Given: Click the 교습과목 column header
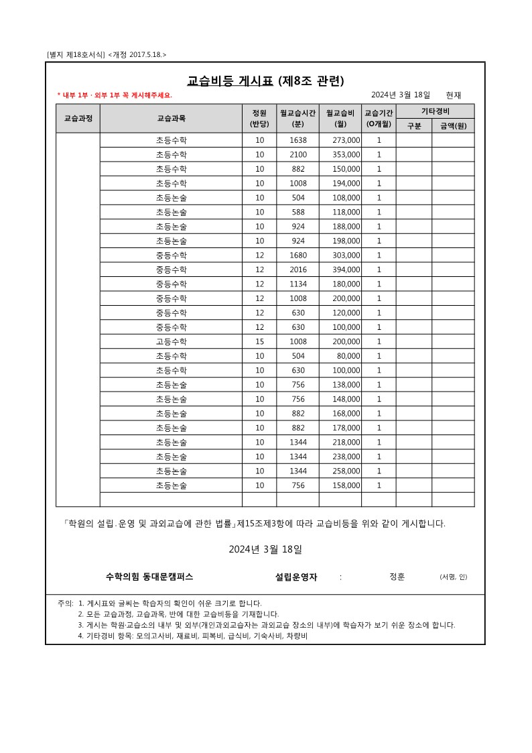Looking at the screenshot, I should [x=171, y=118].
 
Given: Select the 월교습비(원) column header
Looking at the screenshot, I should [x=340, y=118].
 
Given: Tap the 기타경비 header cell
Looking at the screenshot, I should [x=435, y=111].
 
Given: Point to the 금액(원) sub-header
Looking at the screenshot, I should [x=453, y=125].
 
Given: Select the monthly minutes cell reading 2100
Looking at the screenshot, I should [x=298, y=155].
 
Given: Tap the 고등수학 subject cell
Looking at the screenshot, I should [x=171, y=341].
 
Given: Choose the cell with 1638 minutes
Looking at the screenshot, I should [x=298, y=140].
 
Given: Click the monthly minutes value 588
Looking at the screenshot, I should [x=298, y=212].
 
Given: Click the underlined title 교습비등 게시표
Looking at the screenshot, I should [x=230, y=81].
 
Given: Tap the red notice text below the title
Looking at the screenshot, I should [x=114, y=95].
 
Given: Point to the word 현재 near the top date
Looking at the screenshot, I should [x=453, y=95].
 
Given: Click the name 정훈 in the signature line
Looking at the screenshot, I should [x=397, y=577].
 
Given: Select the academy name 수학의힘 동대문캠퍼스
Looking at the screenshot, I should [x=149, y=577].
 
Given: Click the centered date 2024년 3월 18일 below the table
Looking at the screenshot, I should [x=265, y=549].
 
